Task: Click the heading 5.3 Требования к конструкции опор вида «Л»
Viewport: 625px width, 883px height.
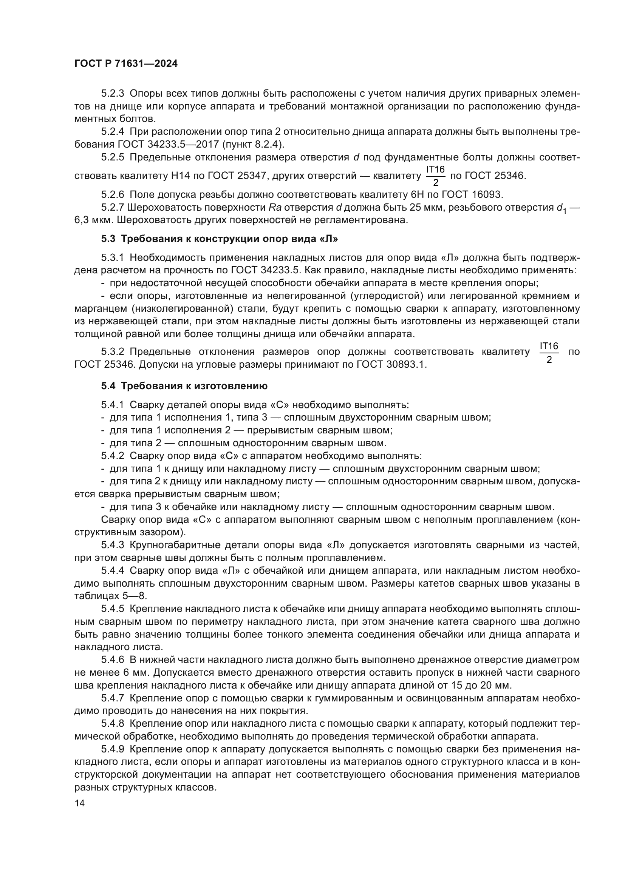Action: [220, 239]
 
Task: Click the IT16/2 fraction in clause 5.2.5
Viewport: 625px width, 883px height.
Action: [435, 176]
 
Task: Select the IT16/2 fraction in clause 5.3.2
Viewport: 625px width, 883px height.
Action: [549, 352]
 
